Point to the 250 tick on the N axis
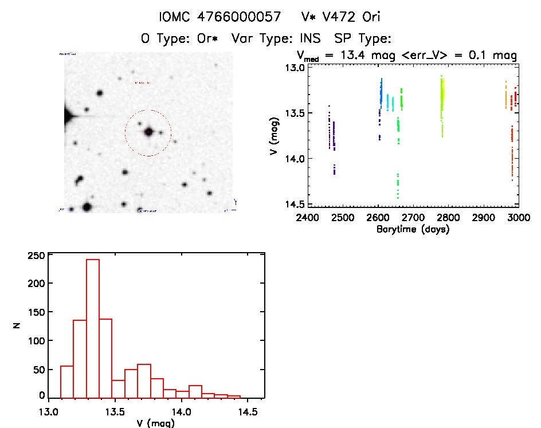coord(49,255)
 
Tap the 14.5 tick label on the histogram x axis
coord(247,411)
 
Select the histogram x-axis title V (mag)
coord(156,423)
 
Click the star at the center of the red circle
coord(148,132)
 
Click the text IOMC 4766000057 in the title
coord(219,17)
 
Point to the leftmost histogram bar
coord(66,382)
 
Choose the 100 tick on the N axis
coord(49,340)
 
